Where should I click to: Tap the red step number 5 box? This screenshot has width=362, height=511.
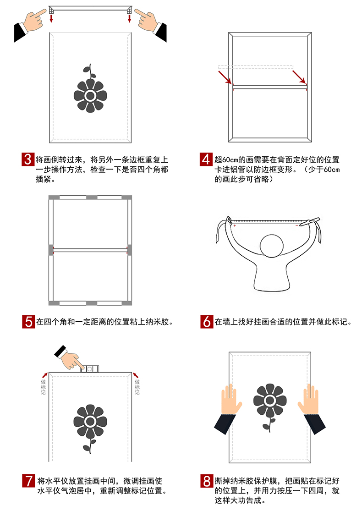[28, 321]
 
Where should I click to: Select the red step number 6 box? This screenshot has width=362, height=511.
[207, 321]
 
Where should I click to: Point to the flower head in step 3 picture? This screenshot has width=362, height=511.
[90, 95]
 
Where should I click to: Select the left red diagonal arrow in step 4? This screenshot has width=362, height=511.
[225, 77]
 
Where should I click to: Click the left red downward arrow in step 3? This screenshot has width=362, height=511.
[51, 18]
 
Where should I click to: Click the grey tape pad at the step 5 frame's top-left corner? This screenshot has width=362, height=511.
[53, 198]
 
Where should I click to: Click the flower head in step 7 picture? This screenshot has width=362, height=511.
[90, 421]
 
